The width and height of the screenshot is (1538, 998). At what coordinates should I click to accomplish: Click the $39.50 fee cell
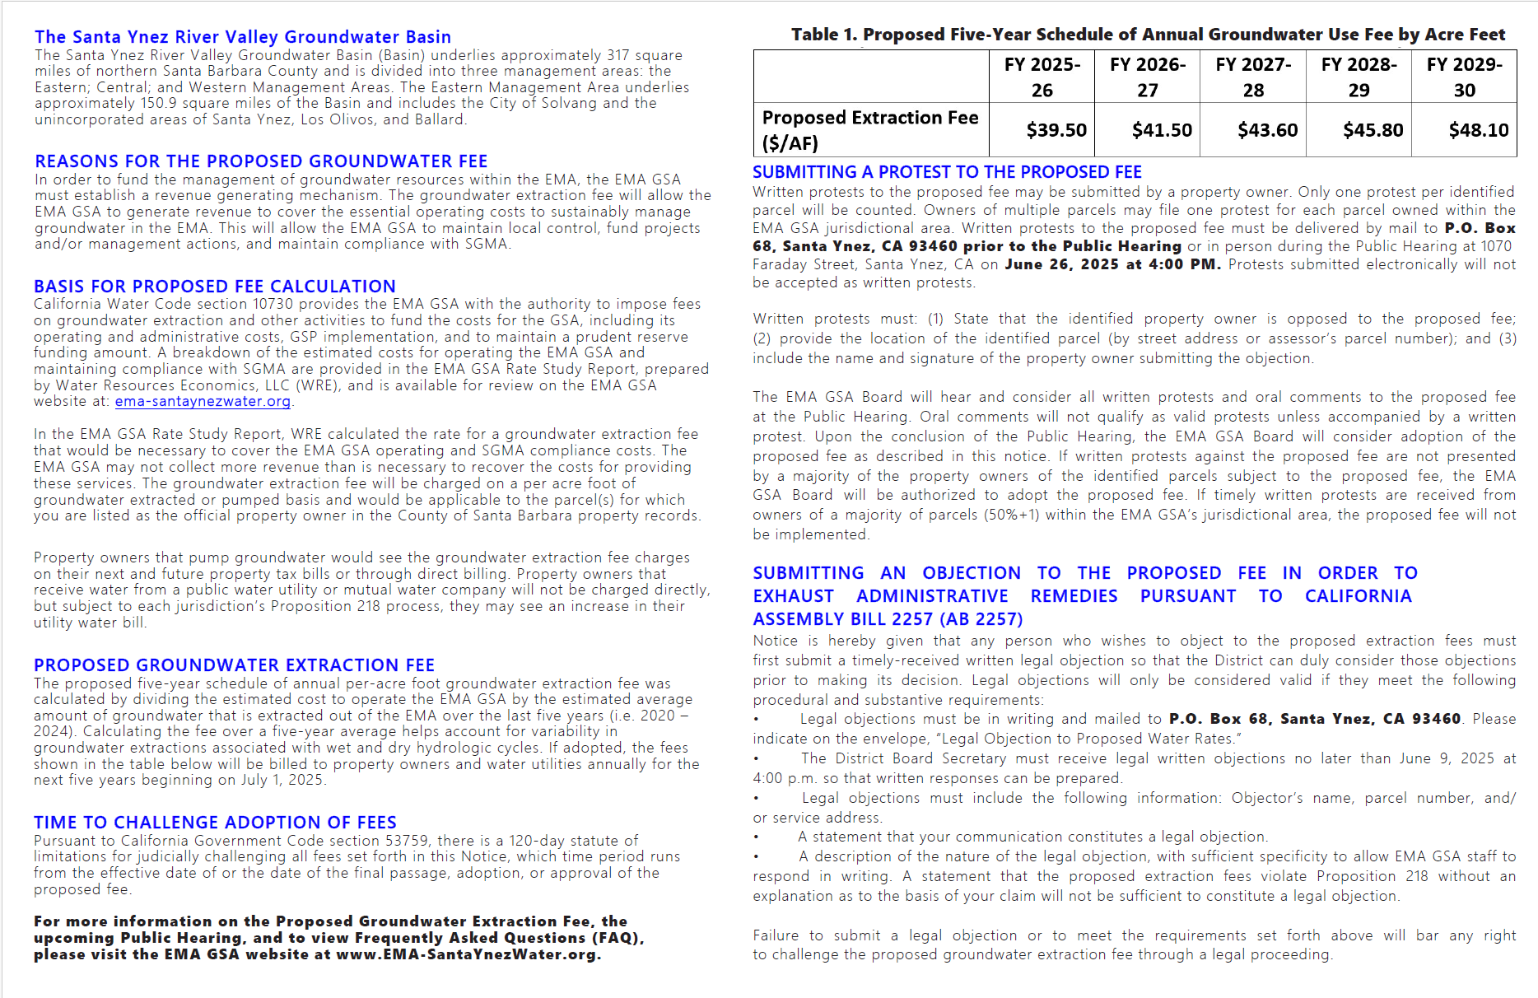(1056, 130)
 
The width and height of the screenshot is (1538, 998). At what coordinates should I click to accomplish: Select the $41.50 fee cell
(1161, 130)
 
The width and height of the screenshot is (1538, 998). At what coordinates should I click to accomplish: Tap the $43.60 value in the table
(1267, 130)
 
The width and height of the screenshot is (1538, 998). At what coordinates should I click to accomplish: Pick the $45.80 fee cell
(1373, 130)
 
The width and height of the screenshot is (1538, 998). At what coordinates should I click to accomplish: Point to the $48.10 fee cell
(1478, 130)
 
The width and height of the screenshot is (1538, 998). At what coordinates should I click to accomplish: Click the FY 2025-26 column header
(1042, 77)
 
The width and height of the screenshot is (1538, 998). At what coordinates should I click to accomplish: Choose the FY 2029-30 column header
(1464, 77)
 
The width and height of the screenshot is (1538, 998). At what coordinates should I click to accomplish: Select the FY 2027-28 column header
(1253, 77)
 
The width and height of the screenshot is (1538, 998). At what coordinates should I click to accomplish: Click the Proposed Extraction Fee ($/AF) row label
(870, 130)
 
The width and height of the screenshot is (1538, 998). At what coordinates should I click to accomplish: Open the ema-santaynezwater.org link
(203, 402)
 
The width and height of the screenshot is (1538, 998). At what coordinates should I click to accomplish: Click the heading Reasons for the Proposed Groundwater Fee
(261, 161)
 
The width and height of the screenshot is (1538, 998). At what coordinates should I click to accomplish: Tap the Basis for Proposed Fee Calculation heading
(215, 287)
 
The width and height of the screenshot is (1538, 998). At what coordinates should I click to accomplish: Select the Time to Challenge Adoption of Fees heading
(215, 823)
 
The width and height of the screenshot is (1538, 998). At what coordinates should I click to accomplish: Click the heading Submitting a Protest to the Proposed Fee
(947, 172)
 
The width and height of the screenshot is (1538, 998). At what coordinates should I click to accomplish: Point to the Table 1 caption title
(1148, 35)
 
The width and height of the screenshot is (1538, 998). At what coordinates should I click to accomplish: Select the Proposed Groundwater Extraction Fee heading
(234, 665)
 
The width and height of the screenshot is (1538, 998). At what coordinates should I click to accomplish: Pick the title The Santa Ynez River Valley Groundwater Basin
(243, 37)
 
